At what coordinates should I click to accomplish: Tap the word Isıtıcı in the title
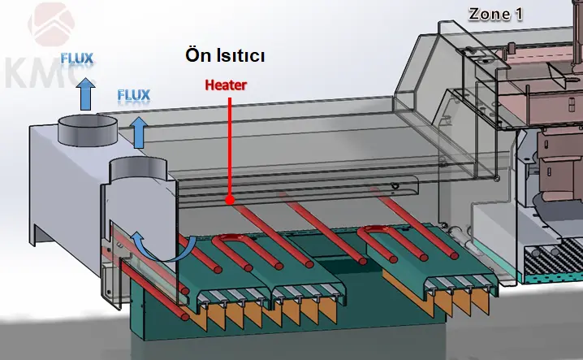[x=241, y=57]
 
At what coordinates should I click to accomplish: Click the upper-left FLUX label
[x=77, y=59]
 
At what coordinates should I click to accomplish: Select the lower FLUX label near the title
[x=134, y=96]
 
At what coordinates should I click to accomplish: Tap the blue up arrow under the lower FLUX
[x=139, y=131]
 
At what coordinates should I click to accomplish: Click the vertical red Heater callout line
[x=231, y=146]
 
